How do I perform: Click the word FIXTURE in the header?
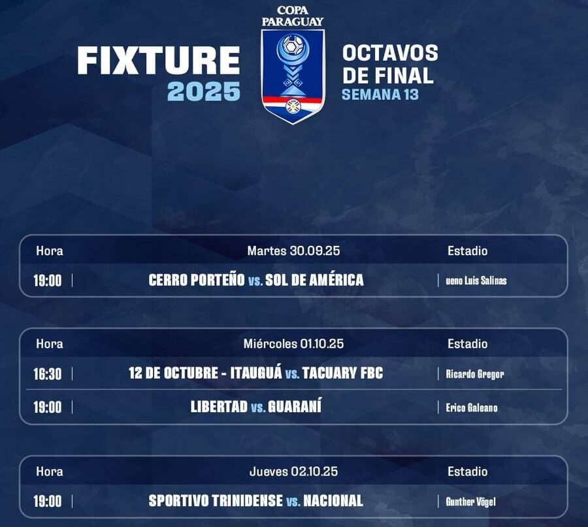tap(158, 61)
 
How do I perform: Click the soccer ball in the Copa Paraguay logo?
tap(293, 46)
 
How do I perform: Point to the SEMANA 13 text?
tap(380, 95)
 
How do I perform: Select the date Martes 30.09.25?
tap(293, 250)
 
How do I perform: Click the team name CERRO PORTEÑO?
tap(197, 280)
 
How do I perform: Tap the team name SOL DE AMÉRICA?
tap(314, 280)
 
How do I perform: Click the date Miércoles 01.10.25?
tap(293, 344)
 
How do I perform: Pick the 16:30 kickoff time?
tap(47, 374)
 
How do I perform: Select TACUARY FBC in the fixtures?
tap(343, 373)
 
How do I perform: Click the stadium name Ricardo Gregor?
tap(475, 374)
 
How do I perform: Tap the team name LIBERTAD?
tap(219, 407)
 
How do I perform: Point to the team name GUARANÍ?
tap(295, 406)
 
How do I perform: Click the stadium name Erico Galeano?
tap(472, 408)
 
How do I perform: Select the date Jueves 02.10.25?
tap(293, 472)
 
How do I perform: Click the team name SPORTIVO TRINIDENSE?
tap(216, 501)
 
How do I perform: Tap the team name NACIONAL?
tap(333, 501)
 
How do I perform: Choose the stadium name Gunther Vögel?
tap(470, 502)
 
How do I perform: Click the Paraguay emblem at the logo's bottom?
tap(293, 106)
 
